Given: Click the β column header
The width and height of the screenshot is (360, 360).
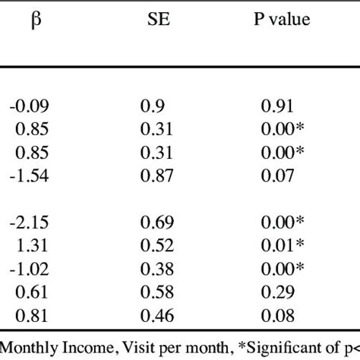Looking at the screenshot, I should coord(35,20).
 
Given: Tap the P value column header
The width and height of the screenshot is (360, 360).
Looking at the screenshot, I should coord(281,20).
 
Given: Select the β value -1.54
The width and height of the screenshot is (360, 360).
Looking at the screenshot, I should coord(30,175).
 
